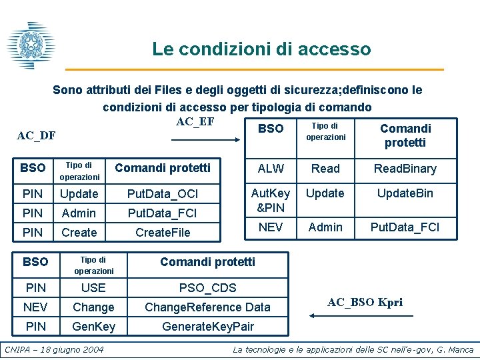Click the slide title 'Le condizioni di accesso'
pos(261,49)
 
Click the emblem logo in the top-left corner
pos(30,45)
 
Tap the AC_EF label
pos(195,121)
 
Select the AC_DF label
pos(36,136)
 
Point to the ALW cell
pos(271,169)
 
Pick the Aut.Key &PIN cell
pos(271,200)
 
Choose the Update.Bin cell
pos(405,193)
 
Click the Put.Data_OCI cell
pos(163,194)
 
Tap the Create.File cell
pos(163,232)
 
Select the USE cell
pos(93,288)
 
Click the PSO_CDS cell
pos(207,288)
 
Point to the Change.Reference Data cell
pos(207,307)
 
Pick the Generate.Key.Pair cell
pos(207,327)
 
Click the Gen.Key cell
pos(93,327)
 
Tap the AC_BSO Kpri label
pos(365,302)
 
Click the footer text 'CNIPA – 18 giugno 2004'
pos(55,349)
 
